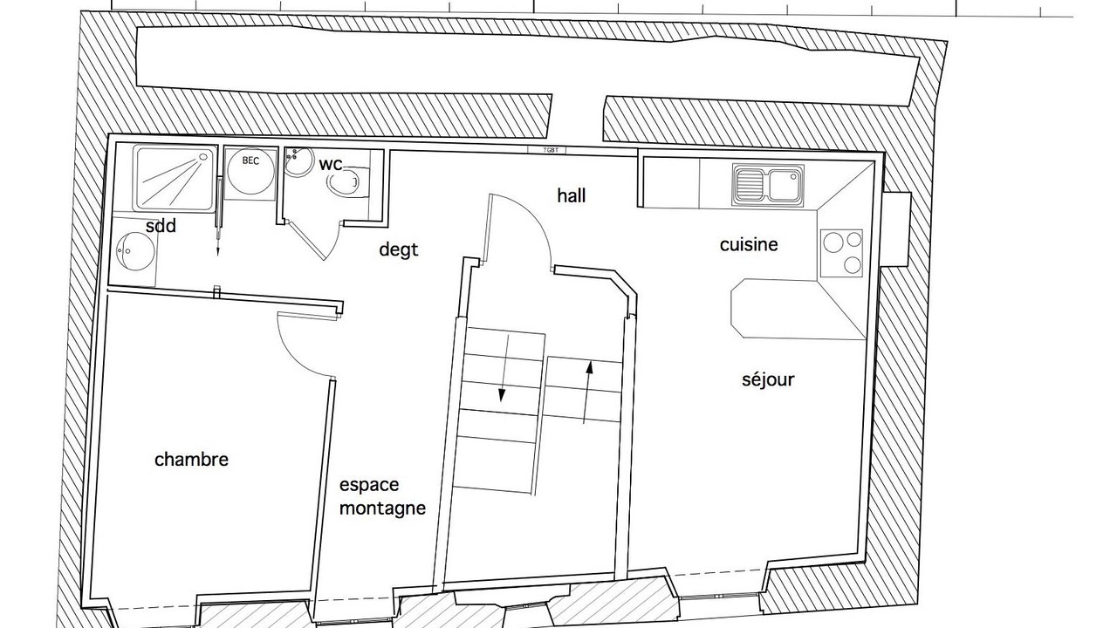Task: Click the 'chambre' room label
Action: tap(191, 459)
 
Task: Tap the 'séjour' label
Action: tap(768, 379)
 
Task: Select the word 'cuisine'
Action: tap(749, 245)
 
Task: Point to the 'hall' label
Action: tap(572, 195)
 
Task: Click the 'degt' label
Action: tap(399, 249)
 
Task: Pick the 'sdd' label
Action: tap(161, 226)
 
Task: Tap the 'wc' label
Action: tap(331, 164)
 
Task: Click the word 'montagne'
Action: tap(382, 509)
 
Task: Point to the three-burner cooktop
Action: tap(841, 253)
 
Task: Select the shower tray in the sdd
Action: tap(175, 178)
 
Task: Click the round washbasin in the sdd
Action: tap(134, 250)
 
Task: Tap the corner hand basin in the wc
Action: tap(298, 160)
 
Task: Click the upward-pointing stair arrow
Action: tap(587, 392)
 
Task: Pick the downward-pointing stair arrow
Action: tap(504, 368)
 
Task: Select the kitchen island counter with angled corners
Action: tap(798, 309)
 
